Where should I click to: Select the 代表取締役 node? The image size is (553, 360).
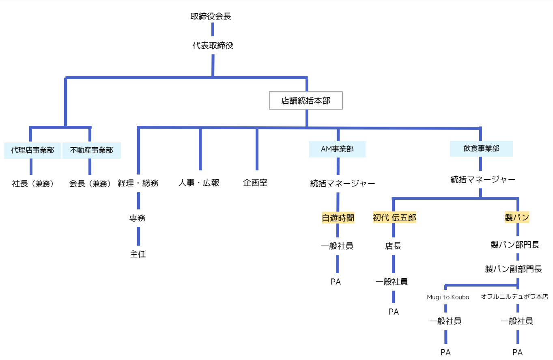pyautogui.click(x=213, y=46)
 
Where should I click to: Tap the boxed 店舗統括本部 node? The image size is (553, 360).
pyautogui.click(x=306, y=101)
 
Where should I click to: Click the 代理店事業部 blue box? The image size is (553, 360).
pyautogui.click(x=32, y=150)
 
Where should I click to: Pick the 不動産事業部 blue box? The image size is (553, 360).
pyautogui.click(x=92, y=150)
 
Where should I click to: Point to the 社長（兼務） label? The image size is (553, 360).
pyautogui.click(x=33, y=183)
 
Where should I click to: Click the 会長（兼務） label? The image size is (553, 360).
pyautogui.click(x=90, y=183)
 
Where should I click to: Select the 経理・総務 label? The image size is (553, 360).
pyautogui.click(x=138, y=183)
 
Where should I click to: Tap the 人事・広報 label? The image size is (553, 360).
pyautogui.click(x=199, y=183)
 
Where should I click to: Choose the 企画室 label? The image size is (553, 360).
pyautogui.click(x=255, y=183)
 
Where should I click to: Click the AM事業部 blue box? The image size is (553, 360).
pyautogui.click(x=337, y=149)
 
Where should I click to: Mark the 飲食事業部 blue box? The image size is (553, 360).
pyautogui.click(x=481, y=149)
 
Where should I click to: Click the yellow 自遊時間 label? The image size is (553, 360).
pyautogui.click(x=338, y=218)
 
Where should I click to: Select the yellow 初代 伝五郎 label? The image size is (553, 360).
pyautogui.click(x=394, y=218)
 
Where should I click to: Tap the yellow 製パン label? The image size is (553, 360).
pyautogui.click(x=517, y=218)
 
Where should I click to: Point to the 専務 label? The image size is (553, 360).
pyautogui.click(x=138, y=218)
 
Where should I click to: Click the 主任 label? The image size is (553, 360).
pyautogui.click(x=138, y=254)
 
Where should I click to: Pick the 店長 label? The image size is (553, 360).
pyautogui.click(x=393, y=246)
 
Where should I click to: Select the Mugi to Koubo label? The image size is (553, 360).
pyautogui.click(x=448, y=297)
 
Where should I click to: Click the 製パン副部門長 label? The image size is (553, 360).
pyautogui.click(x=514, y=269)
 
